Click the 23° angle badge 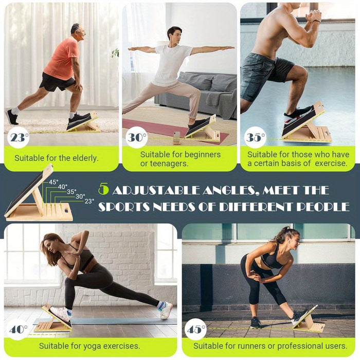[19, 137]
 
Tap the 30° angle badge [137, 137]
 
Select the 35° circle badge [255, 137]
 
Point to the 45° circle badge [195, 329]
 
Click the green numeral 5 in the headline [103, 190]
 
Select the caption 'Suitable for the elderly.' [56, 158]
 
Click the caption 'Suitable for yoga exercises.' [89, 346]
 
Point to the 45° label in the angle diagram [53, 182]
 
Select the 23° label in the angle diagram [89, 201]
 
